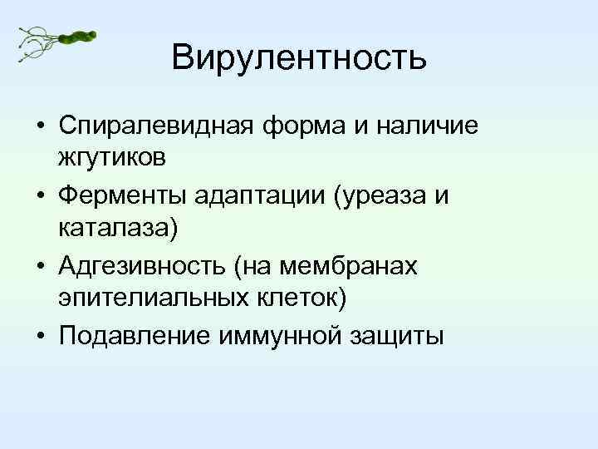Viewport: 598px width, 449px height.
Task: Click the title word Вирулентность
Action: [x=299, y=57]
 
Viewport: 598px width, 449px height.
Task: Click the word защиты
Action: [x=401, y=337]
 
